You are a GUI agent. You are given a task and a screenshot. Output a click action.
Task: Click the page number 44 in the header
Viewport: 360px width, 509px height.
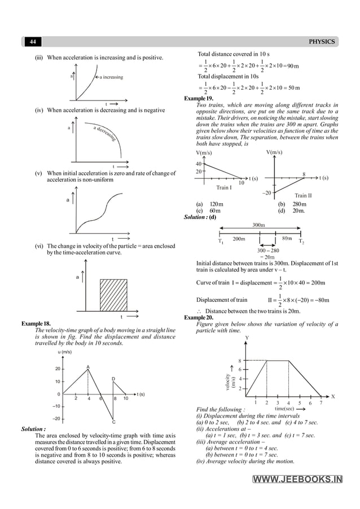[33, 42]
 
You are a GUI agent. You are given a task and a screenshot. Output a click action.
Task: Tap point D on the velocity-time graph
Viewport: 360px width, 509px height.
[113, 379]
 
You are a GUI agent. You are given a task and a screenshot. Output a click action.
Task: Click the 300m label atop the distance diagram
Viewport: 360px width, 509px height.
[259, 225]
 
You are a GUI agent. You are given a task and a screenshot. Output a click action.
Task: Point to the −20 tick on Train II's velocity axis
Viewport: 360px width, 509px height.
[266, 192]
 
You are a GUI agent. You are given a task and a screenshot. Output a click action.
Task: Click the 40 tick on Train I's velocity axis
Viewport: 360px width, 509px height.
[199, 164]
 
